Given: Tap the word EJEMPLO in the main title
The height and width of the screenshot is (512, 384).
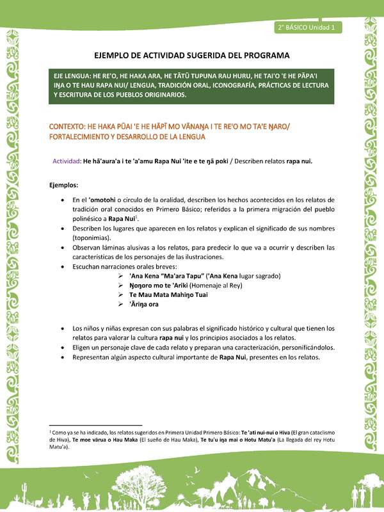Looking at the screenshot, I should click(x=113, y=56).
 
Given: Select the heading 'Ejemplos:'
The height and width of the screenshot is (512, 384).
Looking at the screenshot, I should click(x=64, y=184).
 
